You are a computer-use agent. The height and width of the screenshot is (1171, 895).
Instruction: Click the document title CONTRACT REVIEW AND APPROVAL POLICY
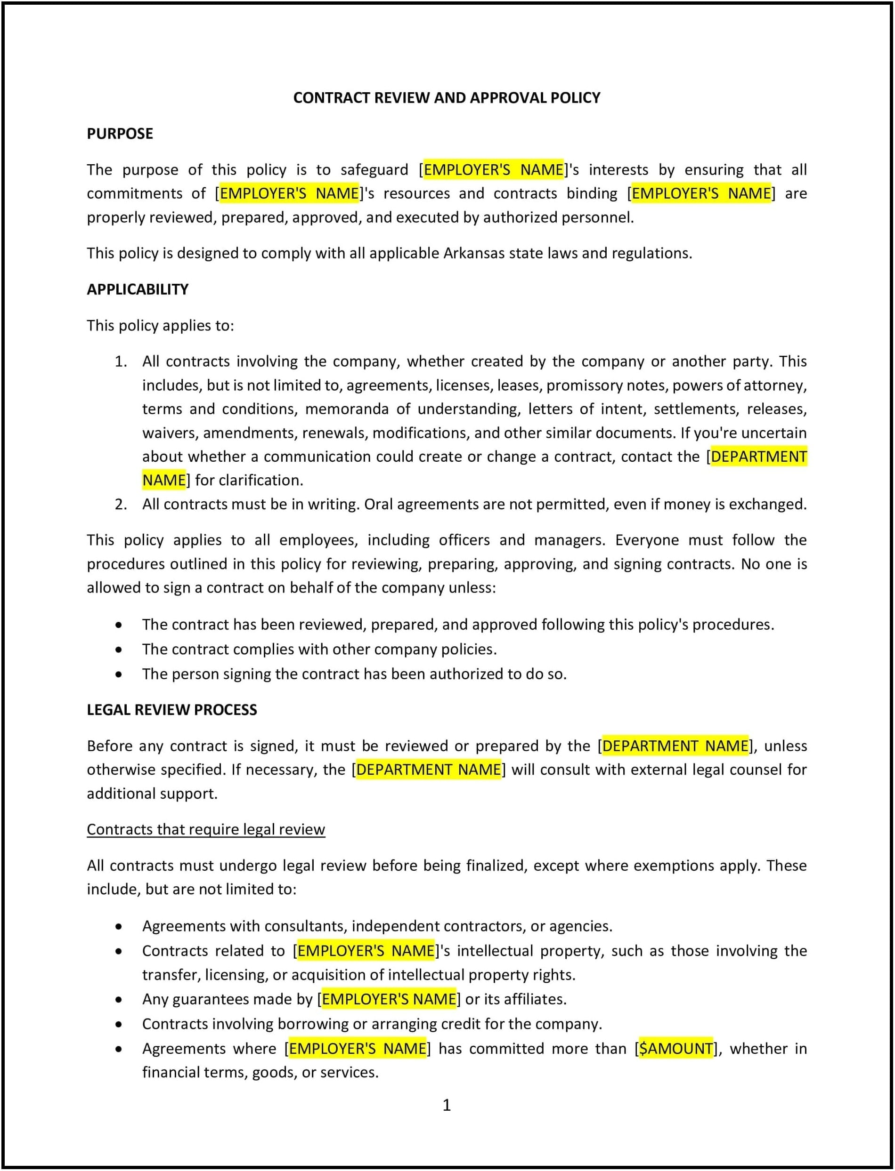pyautogui.click(x=447, y=98)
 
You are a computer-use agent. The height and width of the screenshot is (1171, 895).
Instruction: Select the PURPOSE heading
pyautogui.click(x=120, y=134)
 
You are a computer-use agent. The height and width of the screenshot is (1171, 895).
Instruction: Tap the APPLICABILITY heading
pyautogui.click(x=138, y=289)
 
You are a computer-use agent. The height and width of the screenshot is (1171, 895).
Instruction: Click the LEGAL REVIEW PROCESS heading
pyautogui.click(x=171, y=710)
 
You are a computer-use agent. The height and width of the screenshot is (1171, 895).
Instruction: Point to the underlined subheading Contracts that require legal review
pyautogui.click(x=206, y=830)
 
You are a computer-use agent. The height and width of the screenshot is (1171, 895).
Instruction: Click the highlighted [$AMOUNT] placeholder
pyautogui.click(x=675, y=1049)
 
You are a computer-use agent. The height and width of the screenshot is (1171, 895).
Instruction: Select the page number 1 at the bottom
pyautogui.click(x=447, y=1106)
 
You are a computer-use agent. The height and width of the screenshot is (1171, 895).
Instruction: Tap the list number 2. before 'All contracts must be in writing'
pyautogui.click(x=121, y=505)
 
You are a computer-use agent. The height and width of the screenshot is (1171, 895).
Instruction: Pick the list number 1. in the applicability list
pyautogui.click(x=121, y=362)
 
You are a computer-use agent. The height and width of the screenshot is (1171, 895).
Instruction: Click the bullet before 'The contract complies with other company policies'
pyautogui.click(x=118, y=650)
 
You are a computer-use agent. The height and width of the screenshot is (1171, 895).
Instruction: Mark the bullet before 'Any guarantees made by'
pyautogui.click(x=118, y=1000)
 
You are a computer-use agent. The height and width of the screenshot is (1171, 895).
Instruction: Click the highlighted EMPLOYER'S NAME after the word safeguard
pyautogui.click(x=493, y=170)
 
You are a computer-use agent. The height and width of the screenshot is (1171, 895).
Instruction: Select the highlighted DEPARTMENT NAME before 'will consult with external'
pyautogui.click(x=428, y=770)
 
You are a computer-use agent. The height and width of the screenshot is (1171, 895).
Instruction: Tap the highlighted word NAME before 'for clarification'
pyautogui.click(x=164, y=481)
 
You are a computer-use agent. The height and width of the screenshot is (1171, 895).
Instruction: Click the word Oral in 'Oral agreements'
pyautogui.click(x=378, y=505)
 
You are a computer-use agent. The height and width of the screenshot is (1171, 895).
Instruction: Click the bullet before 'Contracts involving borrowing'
pyautogui.click(x=118, y=1025)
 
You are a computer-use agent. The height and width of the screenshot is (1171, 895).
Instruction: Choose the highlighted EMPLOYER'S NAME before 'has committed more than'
pyautogui.click(x=358, y=1049)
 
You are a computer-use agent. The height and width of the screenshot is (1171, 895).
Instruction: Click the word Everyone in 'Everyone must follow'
pyautogui.click(x=647, y=540)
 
